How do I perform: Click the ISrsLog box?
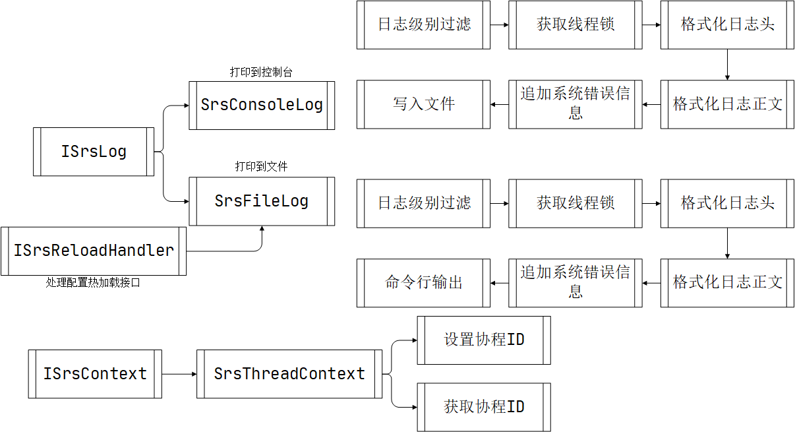[x=94, y=152]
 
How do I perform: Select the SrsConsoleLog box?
[x=262, y=105]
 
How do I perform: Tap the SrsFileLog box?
[x=262, y=201]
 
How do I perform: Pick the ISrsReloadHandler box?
[x=94, y=251]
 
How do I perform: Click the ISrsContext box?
[x=95, y=374]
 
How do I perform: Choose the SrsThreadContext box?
[x=289, y=374]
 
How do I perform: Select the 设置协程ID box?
[x=484, y=340]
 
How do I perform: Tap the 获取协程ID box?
[x=484, y=407]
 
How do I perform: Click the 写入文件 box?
[x=424, y=104]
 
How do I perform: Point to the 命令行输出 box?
[x=424, y=283]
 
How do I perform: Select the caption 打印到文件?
[x=261, y=167]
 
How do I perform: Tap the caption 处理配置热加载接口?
[x=93, y=283]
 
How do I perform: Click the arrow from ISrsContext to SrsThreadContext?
[x=179, y=374]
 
